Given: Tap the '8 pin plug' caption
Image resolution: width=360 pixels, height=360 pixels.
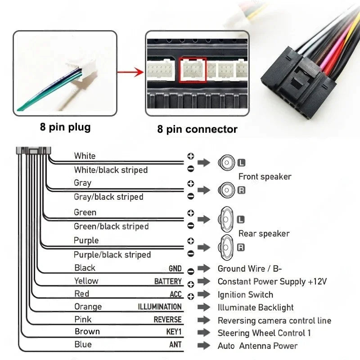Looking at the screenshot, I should click(x=65, y=127).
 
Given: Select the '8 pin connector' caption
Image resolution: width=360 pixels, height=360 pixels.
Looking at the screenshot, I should click(x=197, y=129).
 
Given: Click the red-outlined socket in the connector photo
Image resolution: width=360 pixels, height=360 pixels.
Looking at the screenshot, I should click(x=193, y=70).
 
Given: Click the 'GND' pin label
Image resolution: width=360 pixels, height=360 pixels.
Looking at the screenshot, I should click(x=175, y=269).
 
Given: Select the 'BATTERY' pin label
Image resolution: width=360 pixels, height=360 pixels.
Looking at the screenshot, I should click(x=168, y=282).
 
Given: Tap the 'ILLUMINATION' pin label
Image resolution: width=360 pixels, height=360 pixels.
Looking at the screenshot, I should click(x=160, y=307).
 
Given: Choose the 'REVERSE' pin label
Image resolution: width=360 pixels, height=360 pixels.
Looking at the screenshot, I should click(x=167, y=320).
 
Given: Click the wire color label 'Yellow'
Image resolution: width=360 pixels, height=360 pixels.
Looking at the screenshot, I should click(x=86, y=281).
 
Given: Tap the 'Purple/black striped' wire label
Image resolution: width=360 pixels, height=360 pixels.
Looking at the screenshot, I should click(x=112, y=255).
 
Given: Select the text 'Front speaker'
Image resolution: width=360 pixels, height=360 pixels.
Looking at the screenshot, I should click(x=265, y=177).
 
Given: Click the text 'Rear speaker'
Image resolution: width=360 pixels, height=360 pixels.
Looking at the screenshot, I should click(x=264, y=234).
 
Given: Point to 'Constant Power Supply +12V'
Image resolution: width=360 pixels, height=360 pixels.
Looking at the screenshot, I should click(x=272, y=282).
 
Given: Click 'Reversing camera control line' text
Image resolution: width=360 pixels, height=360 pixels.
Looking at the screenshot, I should click(x=274, y=321).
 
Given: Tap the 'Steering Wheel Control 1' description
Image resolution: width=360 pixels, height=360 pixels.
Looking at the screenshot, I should click(x=264, y=333).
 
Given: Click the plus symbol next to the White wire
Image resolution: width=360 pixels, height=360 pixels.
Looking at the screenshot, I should click(x=190, y=156).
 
